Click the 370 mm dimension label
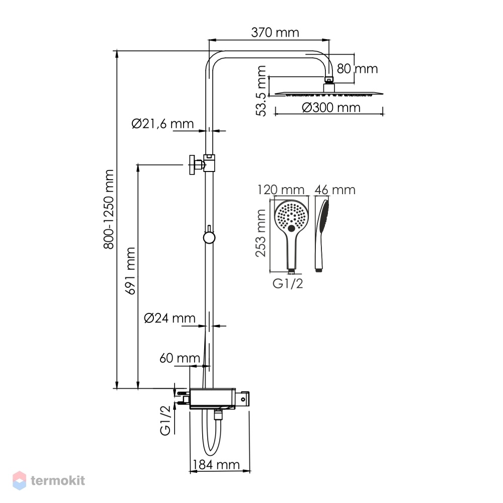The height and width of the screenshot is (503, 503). click(x=275, y=32)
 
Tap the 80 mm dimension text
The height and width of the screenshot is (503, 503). click(x=357, y=68)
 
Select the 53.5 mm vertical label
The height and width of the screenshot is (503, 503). click(x=261, y=91)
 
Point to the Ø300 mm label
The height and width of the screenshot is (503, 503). click(x=331, y=108)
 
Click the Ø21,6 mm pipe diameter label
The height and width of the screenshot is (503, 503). click(x=162, y=124)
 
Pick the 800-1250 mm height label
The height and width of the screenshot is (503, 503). click(x=109, y=209)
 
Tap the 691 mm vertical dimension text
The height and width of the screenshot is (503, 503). click(x=130, y=271)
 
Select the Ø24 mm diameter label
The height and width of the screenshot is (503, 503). click(x=170, y=318)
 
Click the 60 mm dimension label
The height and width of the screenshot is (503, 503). click(x=180, y=358)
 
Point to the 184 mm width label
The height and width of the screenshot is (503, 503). click(x=216, y=464)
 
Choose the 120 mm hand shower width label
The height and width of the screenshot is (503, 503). click(x=281, y=190)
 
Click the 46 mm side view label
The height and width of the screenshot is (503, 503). click(x=335, y=190)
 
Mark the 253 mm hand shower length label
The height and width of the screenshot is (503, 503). click(x=261, y=233)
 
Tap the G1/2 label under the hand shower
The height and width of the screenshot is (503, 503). click(x=288, y=284)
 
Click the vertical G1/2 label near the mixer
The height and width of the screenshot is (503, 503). click(x=165, y=420)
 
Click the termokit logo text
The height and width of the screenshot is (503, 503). click(x=58, y=480)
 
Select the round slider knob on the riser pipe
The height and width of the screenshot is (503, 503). click(x=209, y=238)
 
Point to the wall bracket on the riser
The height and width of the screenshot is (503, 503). click(x=202, y=164)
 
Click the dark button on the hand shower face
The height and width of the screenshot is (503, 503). click(x=291, y=228)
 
